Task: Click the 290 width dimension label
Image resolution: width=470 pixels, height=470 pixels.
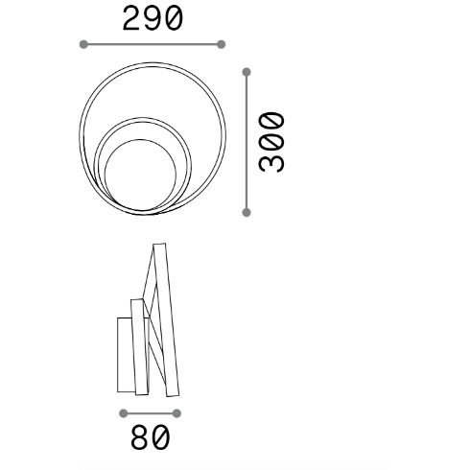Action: click(153, 19)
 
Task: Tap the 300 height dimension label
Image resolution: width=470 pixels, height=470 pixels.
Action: click(271, 142)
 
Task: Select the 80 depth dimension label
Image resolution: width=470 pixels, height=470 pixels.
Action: click(151, 437)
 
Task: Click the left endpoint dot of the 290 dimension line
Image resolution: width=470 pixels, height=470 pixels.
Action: click(83, 44)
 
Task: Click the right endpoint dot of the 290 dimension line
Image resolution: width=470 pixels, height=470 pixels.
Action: click(221, 44)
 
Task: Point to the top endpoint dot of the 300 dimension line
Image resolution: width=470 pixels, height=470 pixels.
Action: click(247, 72)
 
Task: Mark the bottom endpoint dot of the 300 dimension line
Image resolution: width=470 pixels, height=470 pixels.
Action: click(247, 212)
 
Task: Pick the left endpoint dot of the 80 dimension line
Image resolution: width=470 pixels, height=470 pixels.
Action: click(123, 413)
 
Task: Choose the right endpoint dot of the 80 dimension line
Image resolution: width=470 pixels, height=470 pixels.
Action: click(176, 413)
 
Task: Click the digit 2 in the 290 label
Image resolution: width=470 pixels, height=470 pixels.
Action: click(131, 19)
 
